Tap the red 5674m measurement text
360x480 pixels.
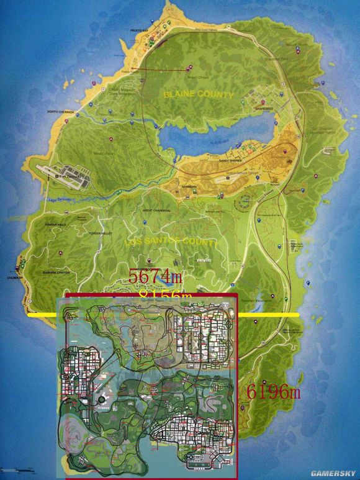click(158, 276)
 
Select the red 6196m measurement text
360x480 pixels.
click(274, 392)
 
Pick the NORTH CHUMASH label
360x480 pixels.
click(60, 112)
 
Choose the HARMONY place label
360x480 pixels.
click(189, 186)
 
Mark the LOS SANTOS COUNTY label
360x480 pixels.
click(170, 242)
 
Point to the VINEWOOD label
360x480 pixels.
click(203, 260)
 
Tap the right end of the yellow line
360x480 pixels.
click(298, 315)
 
